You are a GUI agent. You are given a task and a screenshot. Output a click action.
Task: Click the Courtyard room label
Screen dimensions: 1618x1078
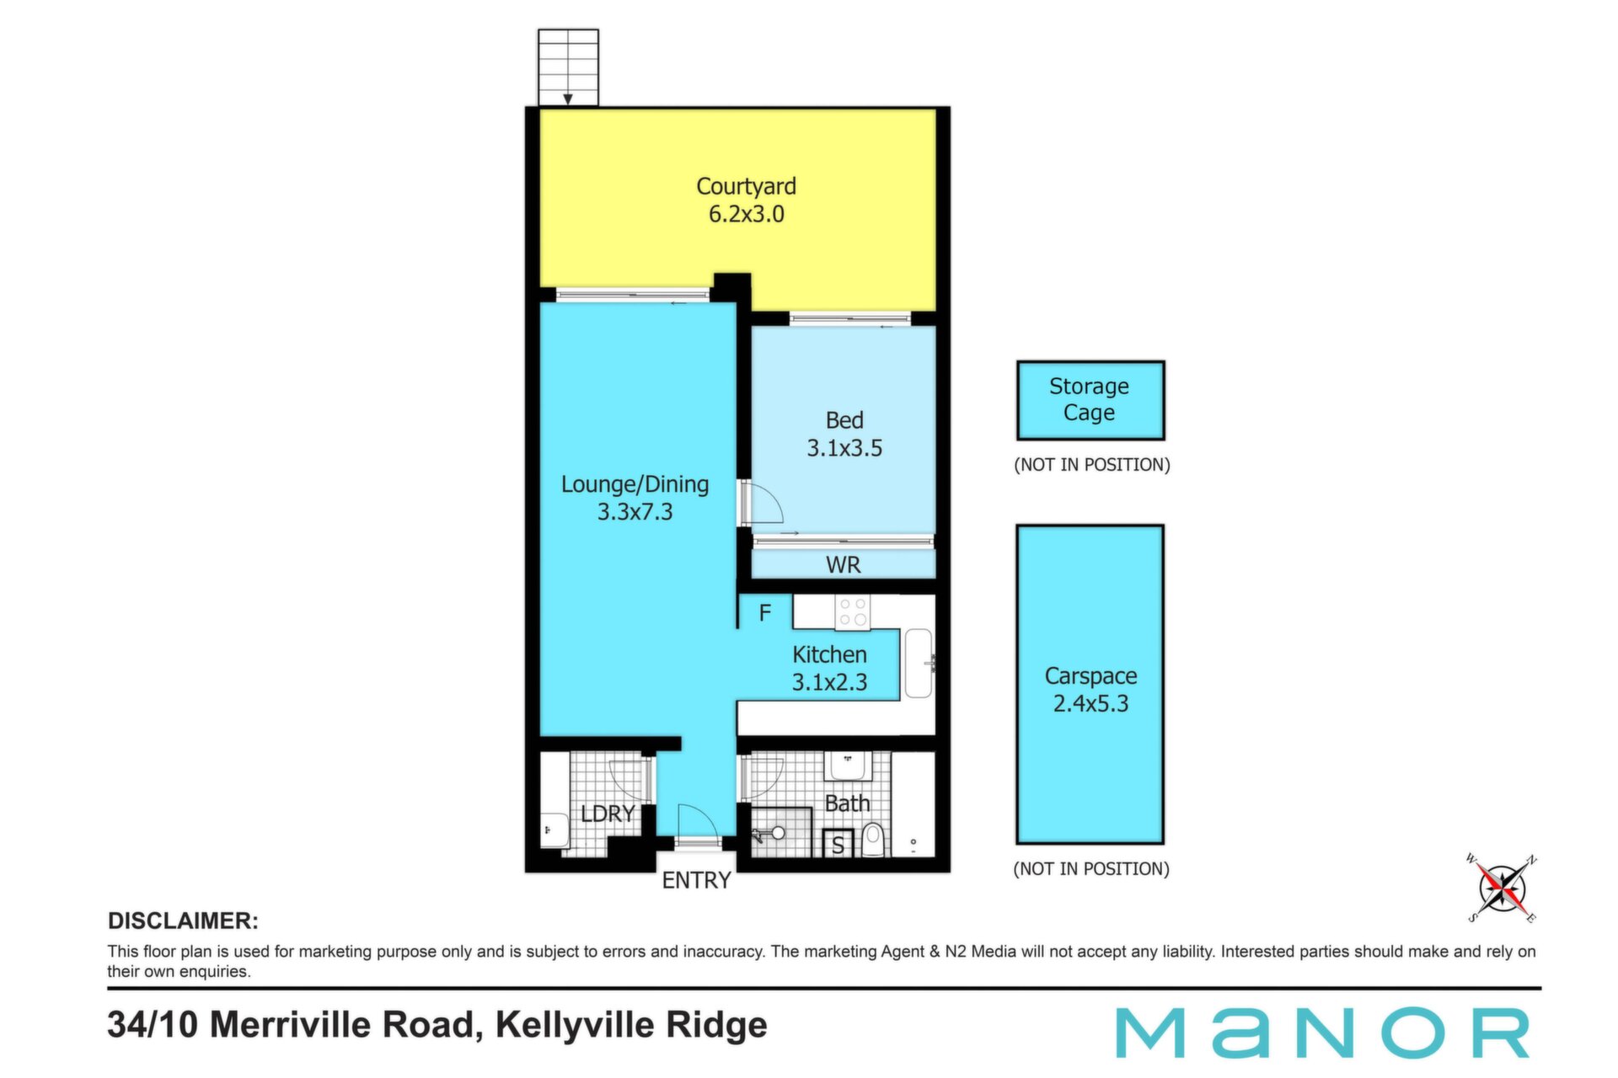(746, 186)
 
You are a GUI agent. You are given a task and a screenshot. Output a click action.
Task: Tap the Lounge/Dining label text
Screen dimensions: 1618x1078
(635, 484)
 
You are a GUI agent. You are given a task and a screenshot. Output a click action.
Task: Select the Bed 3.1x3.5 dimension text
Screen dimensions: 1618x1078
(844, 448)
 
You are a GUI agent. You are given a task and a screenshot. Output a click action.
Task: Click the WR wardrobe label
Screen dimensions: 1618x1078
(844, 565)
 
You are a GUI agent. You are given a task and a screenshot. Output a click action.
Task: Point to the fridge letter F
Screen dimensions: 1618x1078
(765, 613)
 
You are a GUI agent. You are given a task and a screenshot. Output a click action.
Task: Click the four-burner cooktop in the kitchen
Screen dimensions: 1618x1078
(853, 612)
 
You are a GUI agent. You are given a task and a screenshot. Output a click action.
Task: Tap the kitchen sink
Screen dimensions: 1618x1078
(919, 664)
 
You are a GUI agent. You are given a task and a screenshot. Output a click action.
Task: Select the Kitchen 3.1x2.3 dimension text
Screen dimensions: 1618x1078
(829, 682)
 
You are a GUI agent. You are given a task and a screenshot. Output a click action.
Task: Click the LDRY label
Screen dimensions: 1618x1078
(608, 814)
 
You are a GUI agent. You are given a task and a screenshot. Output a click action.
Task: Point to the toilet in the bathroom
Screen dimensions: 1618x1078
(873, 840)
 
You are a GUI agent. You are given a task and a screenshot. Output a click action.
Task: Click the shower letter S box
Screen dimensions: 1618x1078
(838, 843)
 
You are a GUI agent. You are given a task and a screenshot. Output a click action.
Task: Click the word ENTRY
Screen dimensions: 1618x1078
(696, 881)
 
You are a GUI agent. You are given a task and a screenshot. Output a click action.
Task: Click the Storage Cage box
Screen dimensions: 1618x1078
(1090, 401)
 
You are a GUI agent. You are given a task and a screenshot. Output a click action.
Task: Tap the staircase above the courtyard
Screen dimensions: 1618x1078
(569, 67)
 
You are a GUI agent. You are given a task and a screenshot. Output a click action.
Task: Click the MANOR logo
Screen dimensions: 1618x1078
(1323, 1033)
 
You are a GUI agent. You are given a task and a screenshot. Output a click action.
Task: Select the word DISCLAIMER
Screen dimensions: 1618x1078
(183, 921)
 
